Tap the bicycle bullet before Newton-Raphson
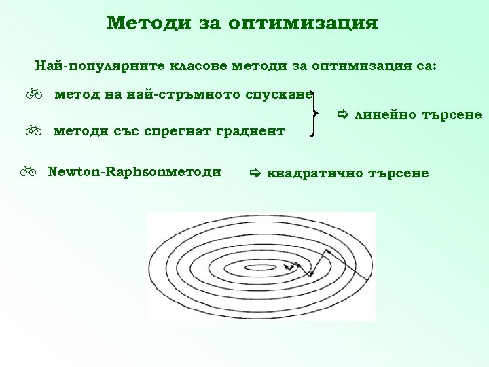coord(28,172)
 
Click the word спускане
coord(279,94)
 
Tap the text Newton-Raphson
coord(101,171)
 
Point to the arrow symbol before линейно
coord(343,116)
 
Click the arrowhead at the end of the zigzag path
coord(290,267)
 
